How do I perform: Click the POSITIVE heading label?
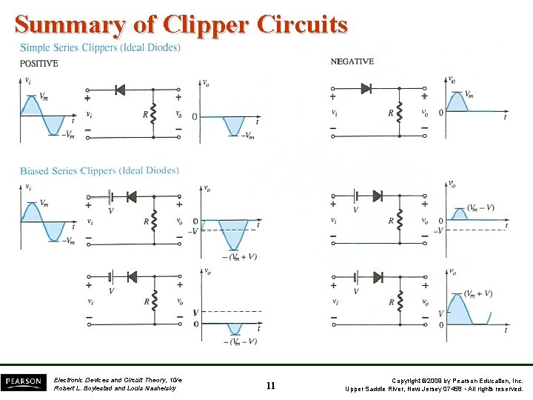point(39,64)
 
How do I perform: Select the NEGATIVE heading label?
point(352,61)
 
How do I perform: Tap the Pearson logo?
point(24,383)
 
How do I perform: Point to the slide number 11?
point(270,385)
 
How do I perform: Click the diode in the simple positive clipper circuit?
point(120,90)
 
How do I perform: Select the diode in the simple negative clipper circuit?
point(366,88)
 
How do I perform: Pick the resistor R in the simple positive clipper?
point(153,113)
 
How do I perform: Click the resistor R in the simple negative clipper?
point(400,112)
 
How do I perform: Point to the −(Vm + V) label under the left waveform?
point(242,257)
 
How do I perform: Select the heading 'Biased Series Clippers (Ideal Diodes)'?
point(99,171)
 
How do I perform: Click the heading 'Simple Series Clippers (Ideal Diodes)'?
point(100,48)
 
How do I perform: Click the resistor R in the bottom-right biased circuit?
point(400,301)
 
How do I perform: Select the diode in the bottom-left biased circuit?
point(133,276)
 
